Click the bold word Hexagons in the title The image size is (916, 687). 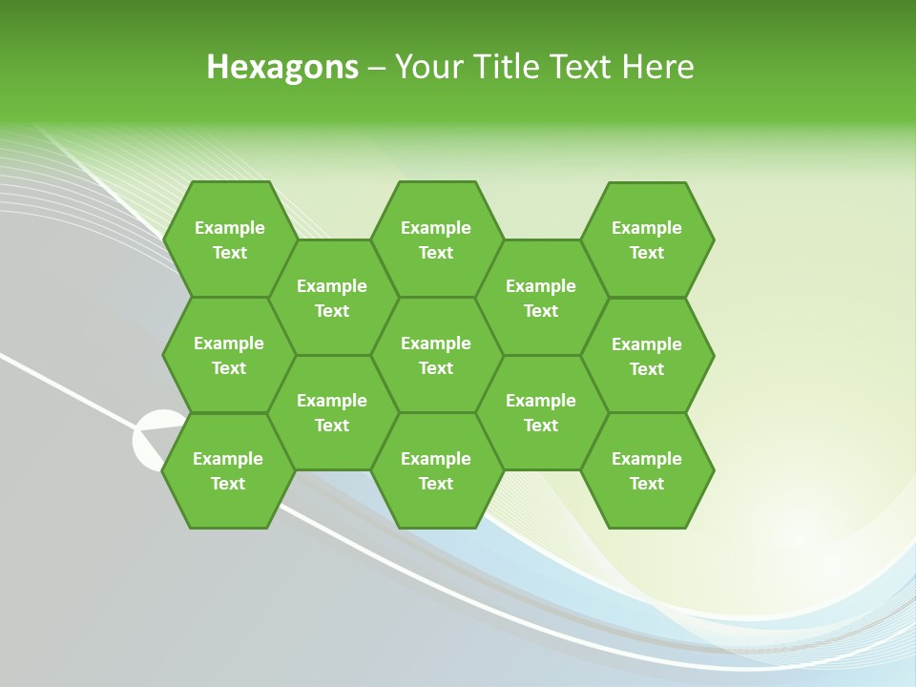point(282,67)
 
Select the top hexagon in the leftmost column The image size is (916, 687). point(229,239)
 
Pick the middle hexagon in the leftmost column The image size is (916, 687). point(229,355)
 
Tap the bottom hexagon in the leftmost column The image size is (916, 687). point(228,470)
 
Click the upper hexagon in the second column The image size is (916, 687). point(332,298)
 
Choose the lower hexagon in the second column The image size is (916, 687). point(332,412)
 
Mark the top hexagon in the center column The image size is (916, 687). point(436,239)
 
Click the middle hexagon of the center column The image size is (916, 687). point(436,355)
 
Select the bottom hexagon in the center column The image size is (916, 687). point(436,470)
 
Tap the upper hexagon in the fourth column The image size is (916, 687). point(541,298)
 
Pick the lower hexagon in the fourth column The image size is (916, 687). point(541,412)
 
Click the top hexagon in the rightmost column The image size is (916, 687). point(647,239)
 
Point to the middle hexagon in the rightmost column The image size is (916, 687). point(647,356)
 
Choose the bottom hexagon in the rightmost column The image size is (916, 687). point(647,470)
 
